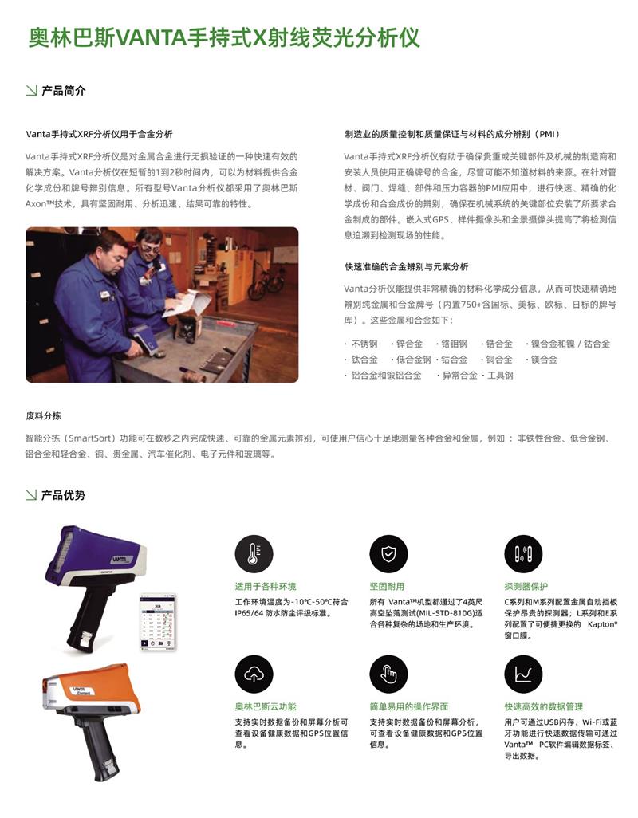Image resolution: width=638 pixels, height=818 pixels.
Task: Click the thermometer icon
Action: point(254,553)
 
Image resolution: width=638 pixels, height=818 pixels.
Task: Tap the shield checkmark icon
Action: point(388,553)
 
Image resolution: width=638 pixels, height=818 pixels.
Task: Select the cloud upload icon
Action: point(254,674)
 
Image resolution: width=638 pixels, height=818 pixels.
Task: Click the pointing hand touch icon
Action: point(388,674)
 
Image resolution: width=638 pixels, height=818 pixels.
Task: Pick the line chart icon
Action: point(523,674)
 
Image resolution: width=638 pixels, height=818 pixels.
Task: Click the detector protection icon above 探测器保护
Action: point(523,553)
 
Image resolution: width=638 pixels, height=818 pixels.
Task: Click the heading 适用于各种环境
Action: point(266,586)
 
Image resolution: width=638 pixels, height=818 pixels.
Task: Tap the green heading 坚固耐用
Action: point(387,586)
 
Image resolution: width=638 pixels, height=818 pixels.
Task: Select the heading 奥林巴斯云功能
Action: point(266,707)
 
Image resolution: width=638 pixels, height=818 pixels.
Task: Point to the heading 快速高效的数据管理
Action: point(544,707)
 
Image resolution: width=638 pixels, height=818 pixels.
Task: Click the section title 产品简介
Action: point(64,91)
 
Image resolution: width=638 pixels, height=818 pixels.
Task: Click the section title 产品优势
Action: point(64,495)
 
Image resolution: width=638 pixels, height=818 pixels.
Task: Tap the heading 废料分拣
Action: point(43,416)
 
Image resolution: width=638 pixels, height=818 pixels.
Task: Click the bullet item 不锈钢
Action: point(364,344)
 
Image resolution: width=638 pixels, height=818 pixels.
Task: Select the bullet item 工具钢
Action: point(500,375)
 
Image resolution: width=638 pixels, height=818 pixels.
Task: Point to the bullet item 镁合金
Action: point(544,360)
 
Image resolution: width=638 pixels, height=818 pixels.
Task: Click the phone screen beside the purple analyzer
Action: point(157,623)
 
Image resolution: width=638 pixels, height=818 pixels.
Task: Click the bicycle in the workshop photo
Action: point(266,282)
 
